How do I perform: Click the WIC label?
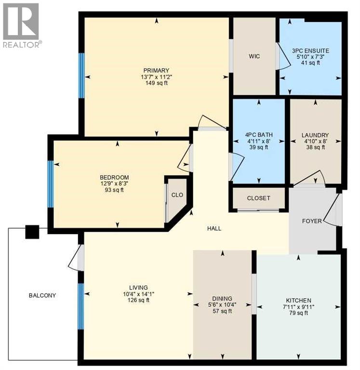pos(254,56)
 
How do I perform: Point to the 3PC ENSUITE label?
pos(309,49)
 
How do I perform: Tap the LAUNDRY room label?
pos(315,135)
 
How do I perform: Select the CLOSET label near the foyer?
pos(259,198)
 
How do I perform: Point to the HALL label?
pos(214,228)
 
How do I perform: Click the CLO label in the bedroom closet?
pos(176,195)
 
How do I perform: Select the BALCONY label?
pos(42,295)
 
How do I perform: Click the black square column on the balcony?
pos(32,232)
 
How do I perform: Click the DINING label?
pos(222,299)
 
